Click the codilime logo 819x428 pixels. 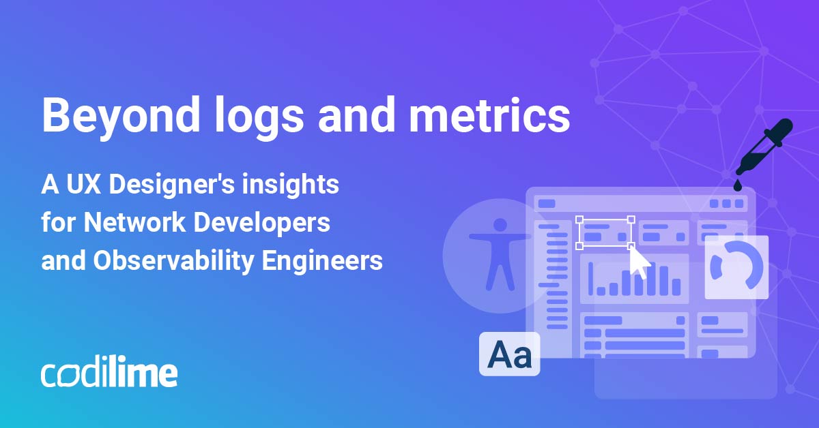pos(109,373)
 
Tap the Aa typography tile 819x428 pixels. pos(510,354)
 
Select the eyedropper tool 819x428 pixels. pos(764,147)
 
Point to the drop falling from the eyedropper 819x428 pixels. pos(738,185)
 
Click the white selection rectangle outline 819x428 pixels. pos(605,232)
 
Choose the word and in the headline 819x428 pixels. pos(354,115)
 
